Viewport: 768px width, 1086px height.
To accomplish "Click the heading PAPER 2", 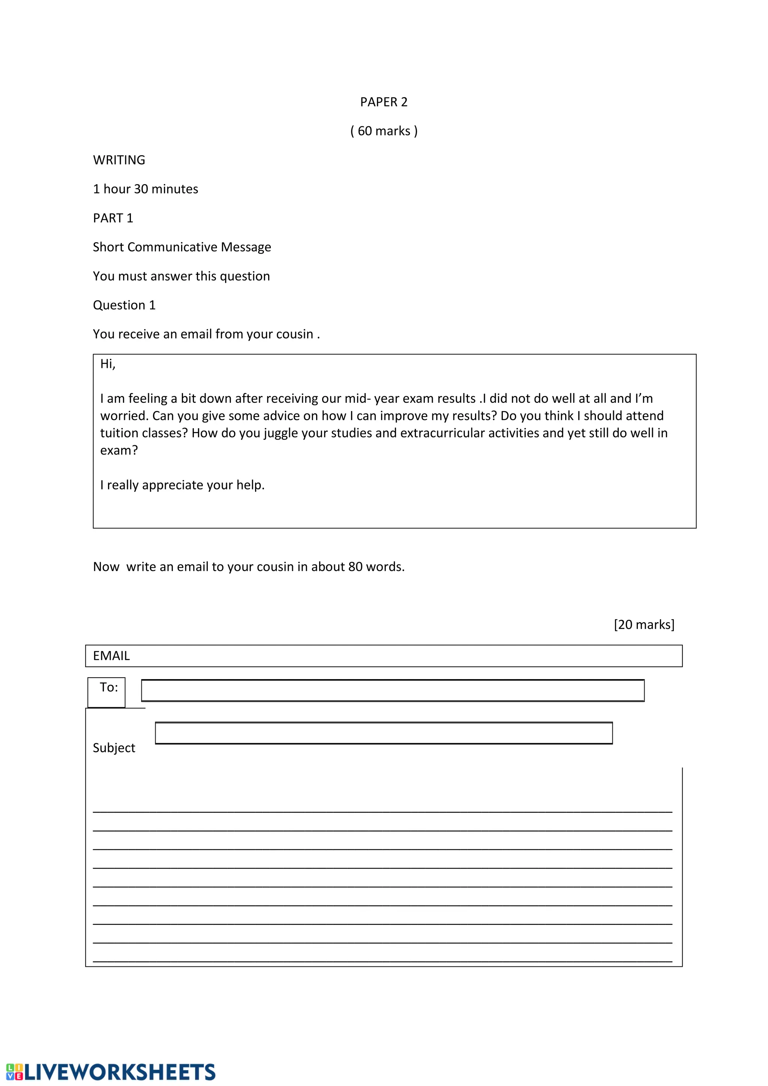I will [x=384, y=102].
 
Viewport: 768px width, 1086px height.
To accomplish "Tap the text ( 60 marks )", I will [x=384, y=131].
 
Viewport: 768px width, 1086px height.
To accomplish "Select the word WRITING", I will [x=119, y=160].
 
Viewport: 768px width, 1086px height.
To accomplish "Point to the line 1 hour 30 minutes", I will [x=145, y=189].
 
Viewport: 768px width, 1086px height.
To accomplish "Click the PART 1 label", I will [x=113, y=218].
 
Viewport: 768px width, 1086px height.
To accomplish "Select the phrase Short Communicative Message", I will [x=181, y=247].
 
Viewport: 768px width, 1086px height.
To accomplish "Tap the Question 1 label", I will [x=124, y=305].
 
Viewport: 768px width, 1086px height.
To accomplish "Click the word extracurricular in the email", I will [x=442, y=433].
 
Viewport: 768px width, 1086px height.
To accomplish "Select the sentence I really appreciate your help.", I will [x=182, y=485].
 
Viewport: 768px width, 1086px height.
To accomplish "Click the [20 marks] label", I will [x=643, y=625].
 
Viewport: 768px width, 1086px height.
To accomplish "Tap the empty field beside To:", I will [x=393, y=691].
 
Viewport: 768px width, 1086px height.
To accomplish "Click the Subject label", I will [x=114, y=748].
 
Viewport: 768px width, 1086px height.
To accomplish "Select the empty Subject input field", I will [x=384, y=733].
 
